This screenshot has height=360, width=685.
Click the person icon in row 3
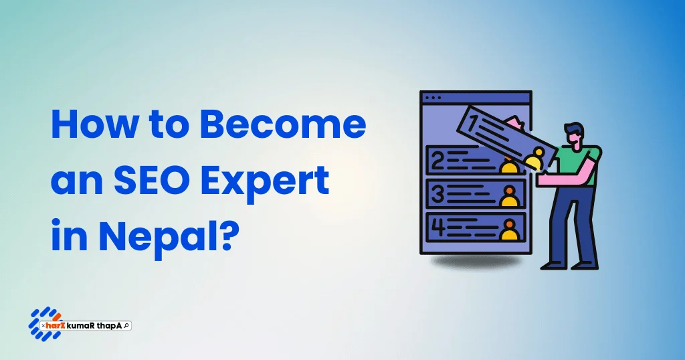click(510, 196)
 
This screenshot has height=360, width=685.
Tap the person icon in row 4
click(510, 230)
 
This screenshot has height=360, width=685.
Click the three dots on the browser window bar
click(433, 98)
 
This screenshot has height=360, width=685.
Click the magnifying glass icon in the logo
click(126, 325)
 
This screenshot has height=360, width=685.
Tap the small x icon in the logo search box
click(43, 325)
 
